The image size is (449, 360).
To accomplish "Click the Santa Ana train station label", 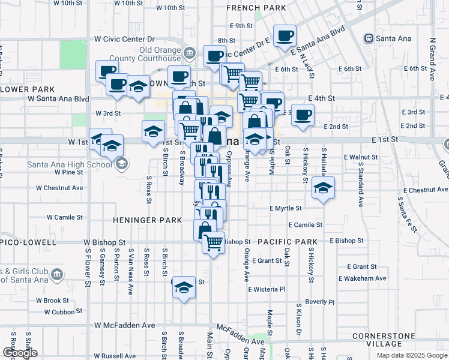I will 394,38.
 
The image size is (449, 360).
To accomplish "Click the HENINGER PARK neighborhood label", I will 151,220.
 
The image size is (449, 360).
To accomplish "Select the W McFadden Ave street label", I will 124,325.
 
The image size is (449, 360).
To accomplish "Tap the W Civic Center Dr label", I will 124,38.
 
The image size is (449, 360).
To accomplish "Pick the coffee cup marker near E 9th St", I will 285,35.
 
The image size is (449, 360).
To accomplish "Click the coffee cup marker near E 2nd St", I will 303,114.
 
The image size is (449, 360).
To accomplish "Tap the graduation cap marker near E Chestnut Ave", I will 323,189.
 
